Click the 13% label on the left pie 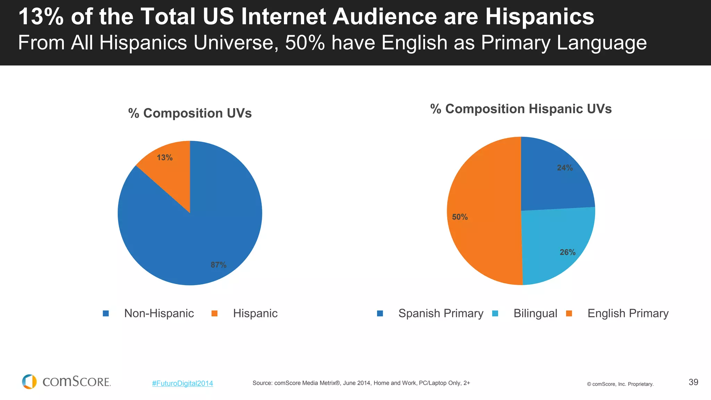coord(165,158)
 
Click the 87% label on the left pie coord(219,265)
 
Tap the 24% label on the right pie coord(565,168)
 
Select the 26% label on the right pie coord(567,252)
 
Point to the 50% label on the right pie coord(460,217)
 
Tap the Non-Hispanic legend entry coord(159,313)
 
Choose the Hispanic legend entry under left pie coord(255,313)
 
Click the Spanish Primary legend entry coord(440,313)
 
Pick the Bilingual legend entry coord(535,313)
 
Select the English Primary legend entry coord(628,313)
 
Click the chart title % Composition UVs coord(190,113)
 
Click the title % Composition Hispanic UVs coord(521,109)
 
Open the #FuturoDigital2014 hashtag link coord(183,383)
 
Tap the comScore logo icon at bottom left coord(30,382)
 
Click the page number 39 coord(693,382)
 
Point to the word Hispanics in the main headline coord(539,17)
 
